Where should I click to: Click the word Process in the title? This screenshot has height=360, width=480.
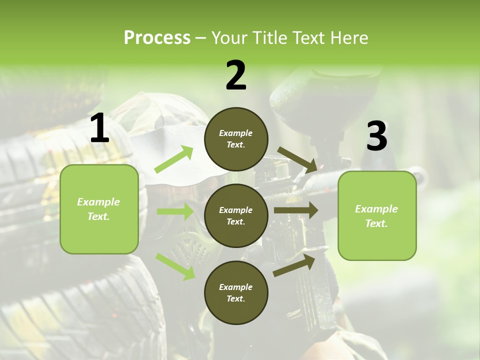157,38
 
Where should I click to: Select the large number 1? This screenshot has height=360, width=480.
99,129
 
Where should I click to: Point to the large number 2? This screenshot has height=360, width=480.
236,75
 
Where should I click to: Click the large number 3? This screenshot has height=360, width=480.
376,136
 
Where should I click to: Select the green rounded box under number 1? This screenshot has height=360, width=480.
99,209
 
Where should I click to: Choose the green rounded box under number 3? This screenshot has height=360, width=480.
377,215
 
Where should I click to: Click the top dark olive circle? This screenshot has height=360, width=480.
236,139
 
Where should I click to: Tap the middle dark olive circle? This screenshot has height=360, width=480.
236,215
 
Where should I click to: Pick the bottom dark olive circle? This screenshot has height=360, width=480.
236,292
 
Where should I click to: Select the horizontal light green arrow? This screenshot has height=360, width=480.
175,211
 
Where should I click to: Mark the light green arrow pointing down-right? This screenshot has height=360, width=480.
175,266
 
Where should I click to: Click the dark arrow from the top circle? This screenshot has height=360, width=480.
297,159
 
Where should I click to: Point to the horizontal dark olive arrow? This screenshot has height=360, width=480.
295,210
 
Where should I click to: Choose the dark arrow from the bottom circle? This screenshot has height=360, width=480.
294,265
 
